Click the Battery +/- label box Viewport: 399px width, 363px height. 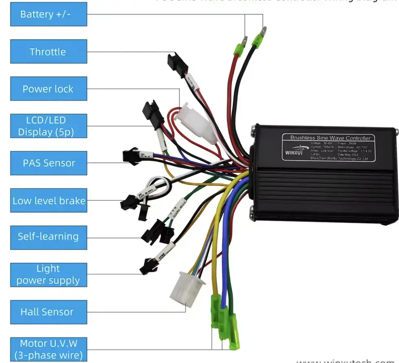click(48, 14)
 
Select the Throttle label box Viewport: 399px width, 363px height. click(48, 51)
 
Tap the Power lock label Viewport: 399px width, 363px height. click(48, 89)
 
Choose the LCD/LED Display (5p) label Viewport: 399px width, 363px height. click(48, 126)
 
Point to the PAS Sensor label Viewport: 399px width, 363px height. click(48, 163)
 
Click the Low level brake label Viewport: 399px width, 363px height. click(48, 200)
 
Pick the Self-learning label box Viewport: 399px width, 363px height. click(48, 236)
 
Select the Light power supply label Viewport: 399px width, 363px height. click(48, 275)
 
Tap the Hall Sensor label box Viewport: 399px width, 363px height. click(48, 312)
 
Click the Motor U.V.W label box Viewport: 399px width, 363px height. click(48, 349)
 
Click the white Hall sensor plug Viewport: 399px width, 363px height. click(187, 288)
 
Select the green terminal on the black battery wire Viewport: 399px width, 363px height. click(258, 40)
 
